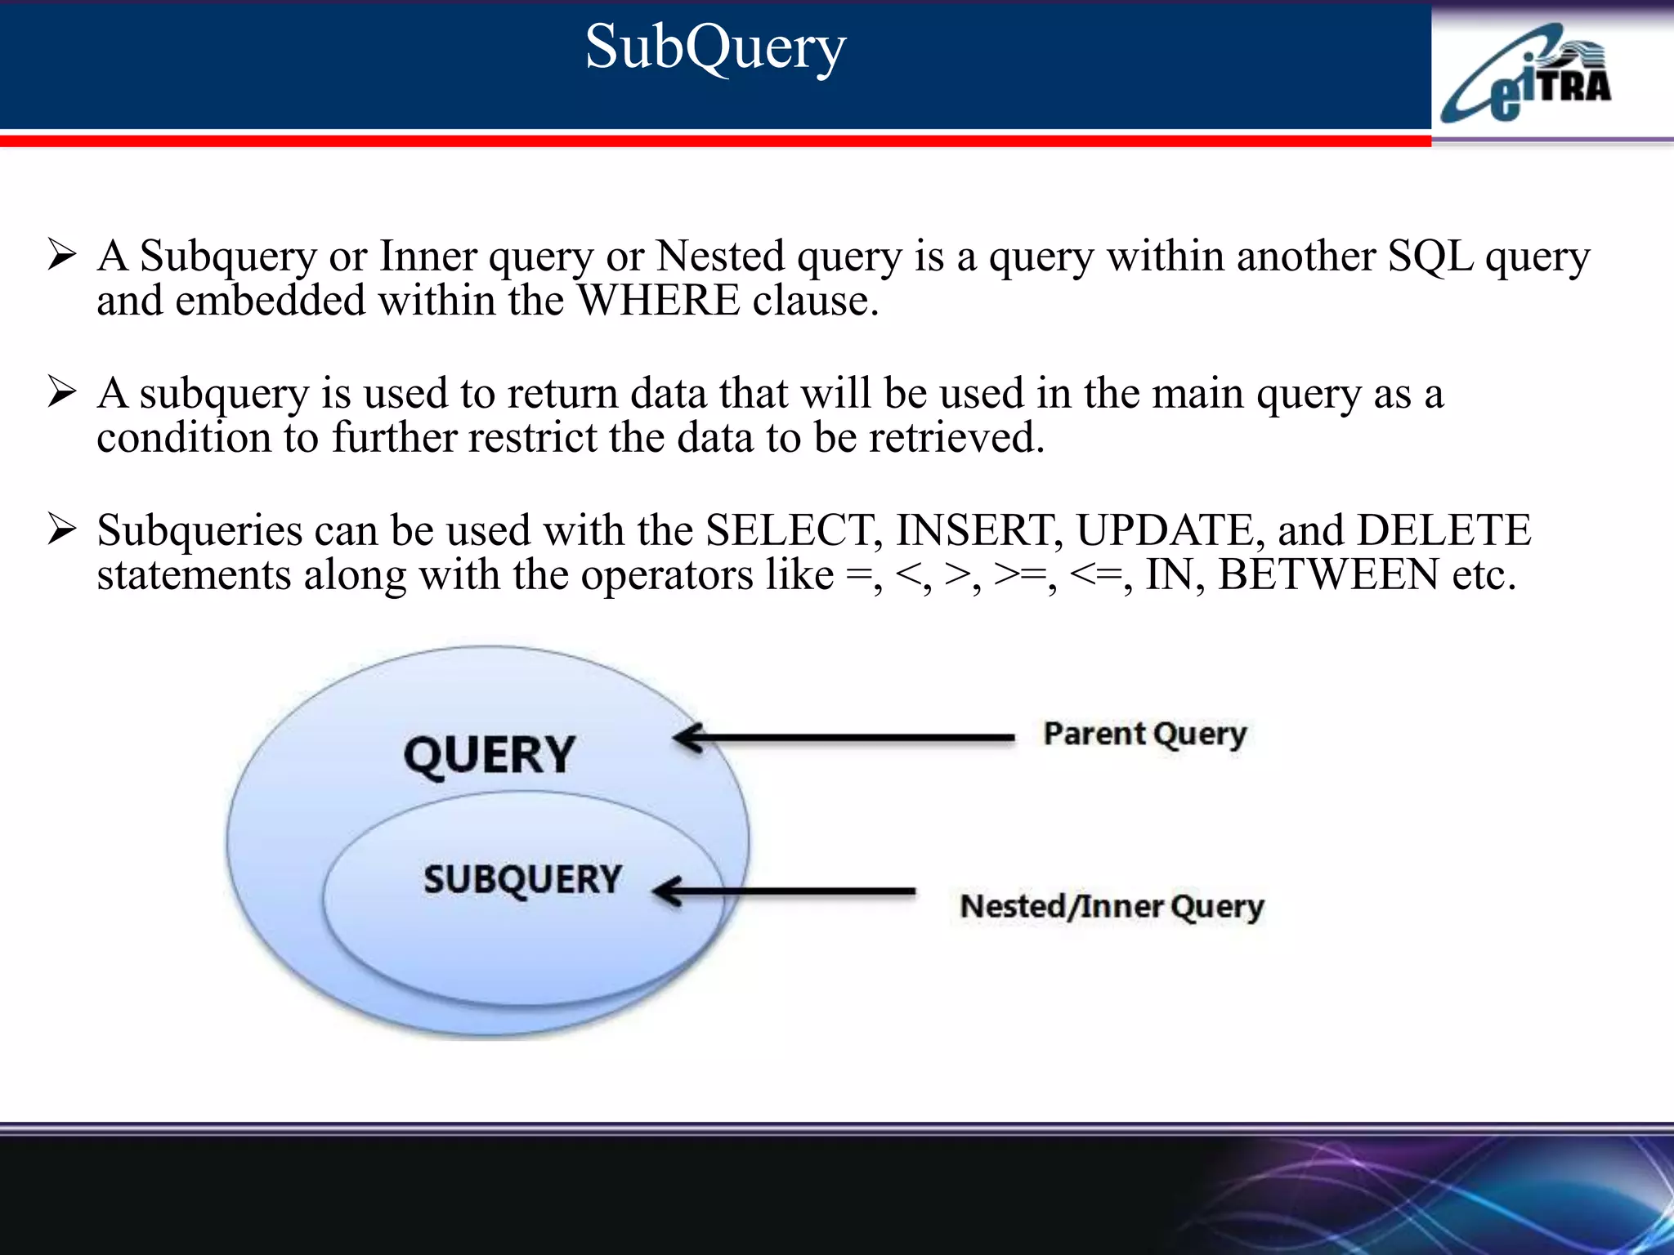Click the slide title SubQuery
coord(715,47)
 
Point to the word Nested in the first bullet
coord(720,257)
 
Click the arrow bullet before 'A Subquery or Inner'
coord(62,255)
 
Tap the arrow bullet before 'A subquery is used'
coord(62,392)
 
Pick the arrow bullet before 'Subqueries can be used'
coord(62,529)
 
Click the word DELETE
coord(1443,530)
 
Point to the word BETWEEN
coord(1327,574)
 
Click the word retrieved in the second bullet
coord(956,438)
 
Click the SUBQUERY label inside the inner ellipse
coord(522,880)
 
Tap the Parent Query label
coord(1144,734)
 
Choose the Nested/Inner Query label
coord(1112,906)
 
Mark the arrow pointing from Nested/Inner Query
coord(785,891)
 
